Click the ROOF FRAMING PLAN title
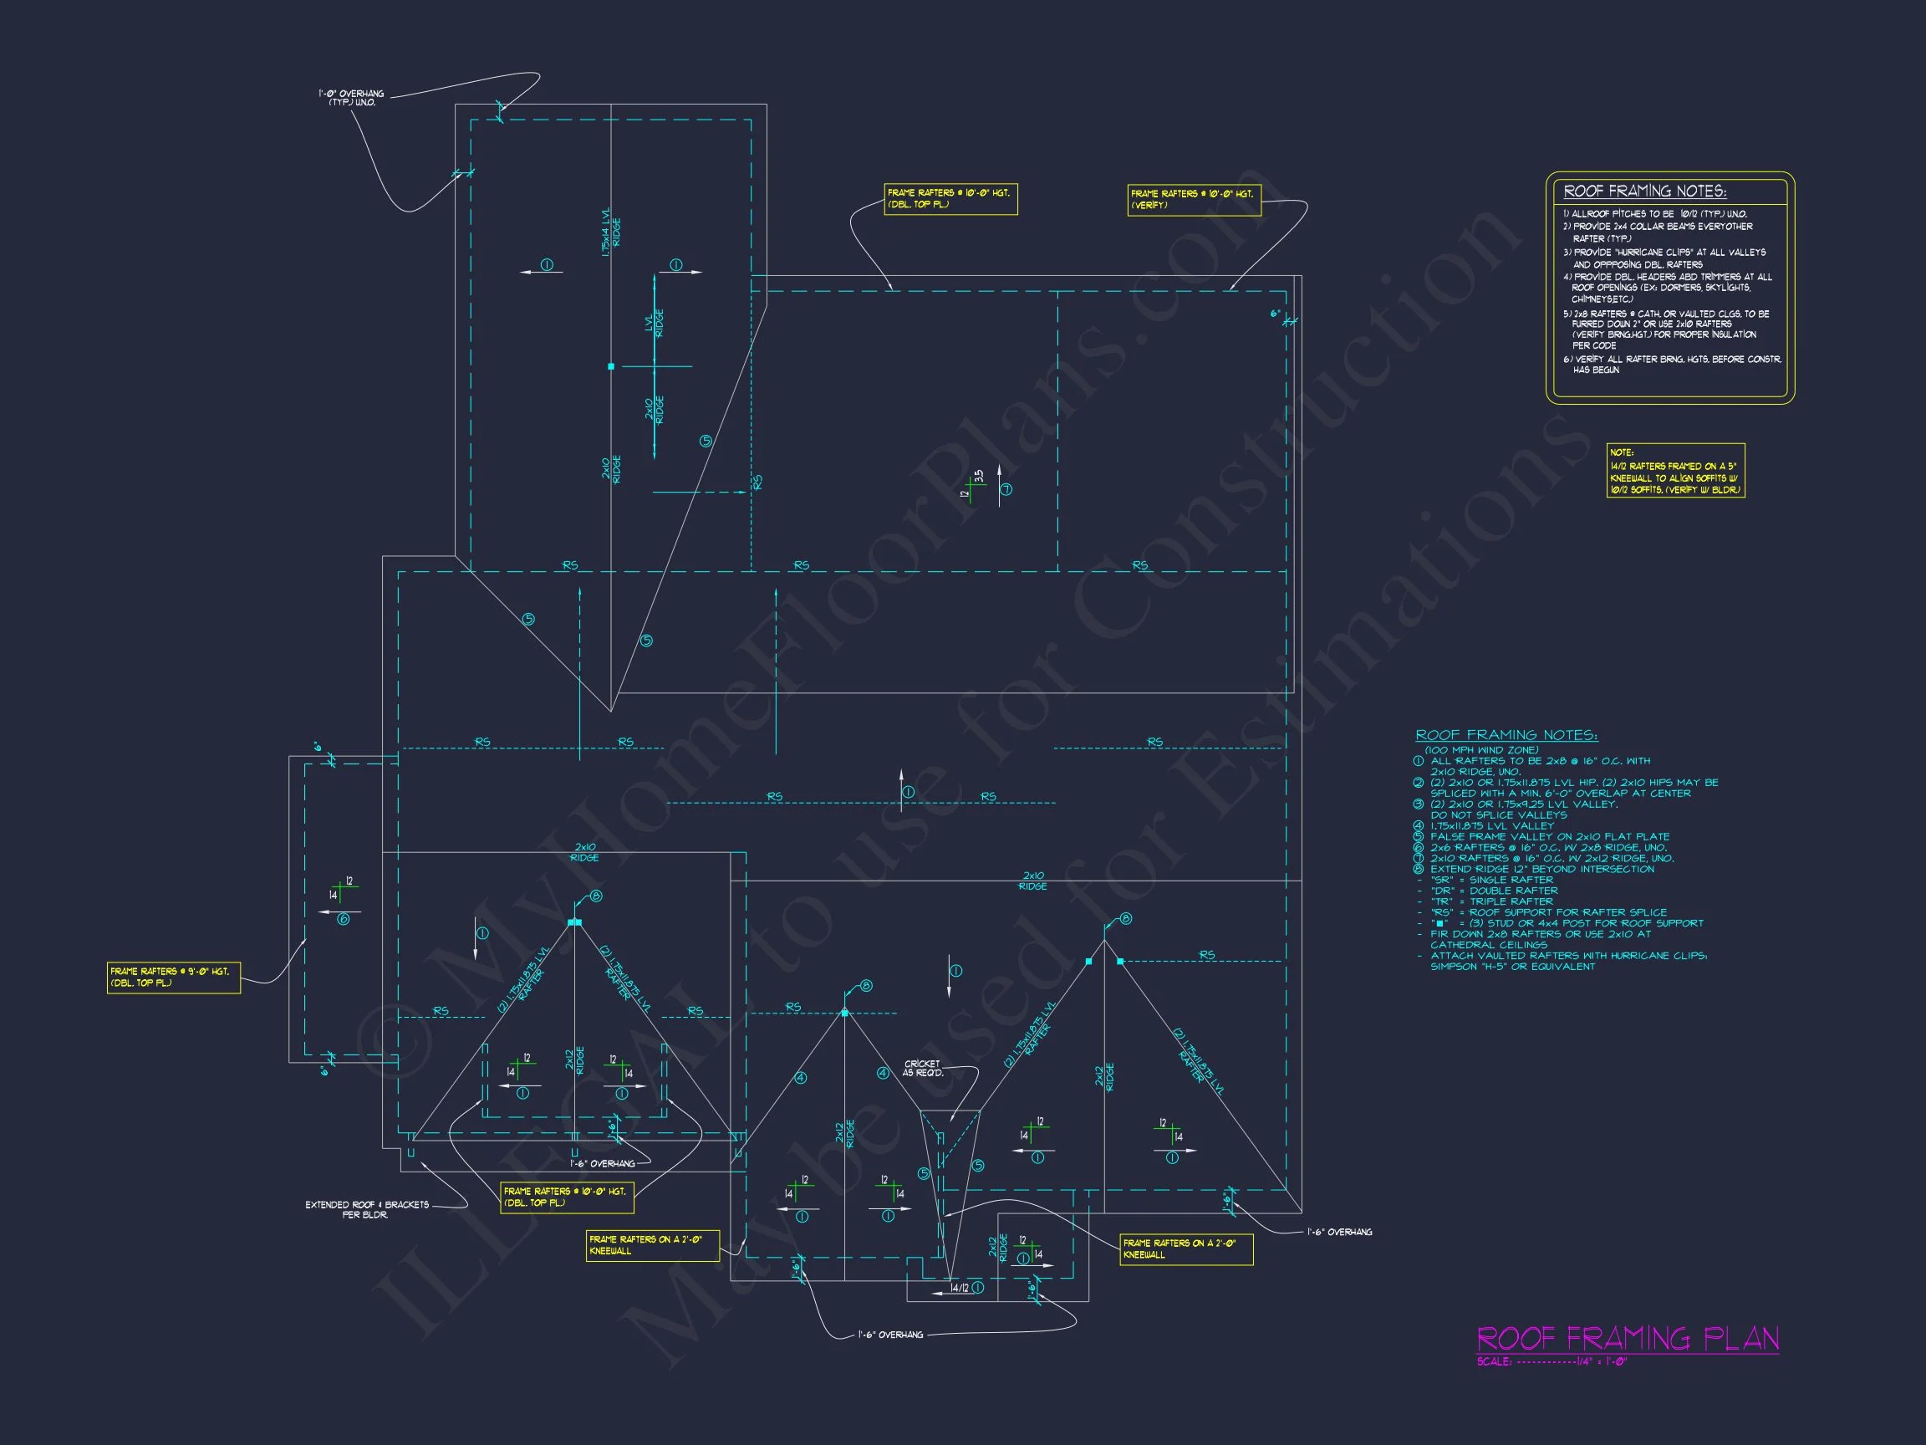tap(1628, 1338)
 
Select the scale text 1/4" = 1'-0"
tap(1600, 1361)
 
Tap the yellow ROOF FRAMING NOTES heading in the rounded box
tap(1645, 191)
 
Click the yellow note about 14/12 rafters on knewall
tap(1674, 472)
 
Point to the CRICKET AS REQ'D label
tap(922, 1068)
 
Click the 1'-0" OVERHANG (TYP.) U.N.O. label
tap(352, 98)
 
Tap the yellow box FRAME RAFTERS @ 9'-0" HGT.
tap(173, 977)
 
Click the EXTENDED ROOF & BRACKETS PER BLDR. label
tap(367, 1209)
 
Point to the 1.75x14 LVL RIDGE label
tap(611, 231)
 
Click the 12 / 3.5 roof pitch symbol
tap(973, 483)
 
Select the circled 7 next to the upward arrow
tap(1006, 489)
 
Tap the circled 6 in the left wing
tap(343, 920)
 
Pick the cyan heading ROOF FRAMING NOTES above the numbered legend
tap(1506, 735)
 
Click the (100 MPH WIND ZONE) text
tap(1481, 750)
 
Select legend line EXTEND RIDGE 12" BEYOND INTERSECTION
tap(1542, 868)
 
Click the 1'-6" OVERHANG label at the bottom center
tap(890, 1335)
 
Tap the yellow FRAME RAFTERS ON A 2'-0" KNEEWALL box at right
tap(1186, 1249)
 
